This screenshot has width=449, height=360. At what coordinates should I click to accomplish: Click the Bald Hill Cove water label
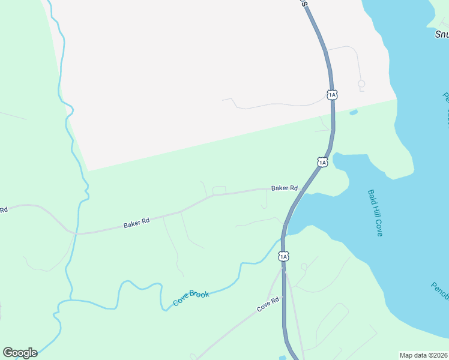coord(375,213)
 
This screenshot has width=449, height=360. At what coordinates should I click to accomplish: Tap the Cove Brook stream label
coord(191,298)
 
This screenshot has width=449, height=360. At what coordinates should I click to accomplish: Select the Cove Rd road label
coord(268,304)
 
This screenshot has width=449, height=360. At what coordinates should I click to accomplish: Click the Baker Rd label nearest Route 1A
coord(285,188)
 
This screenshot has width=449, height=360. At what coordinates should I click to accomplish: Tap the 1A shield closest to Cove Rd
coord(283,256)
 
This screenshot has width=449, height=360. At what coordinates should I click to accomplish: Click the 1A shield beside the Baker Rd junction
coord(322,162)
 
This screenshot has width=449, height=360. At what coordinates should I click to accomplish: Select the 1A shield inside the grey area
coord(332,95)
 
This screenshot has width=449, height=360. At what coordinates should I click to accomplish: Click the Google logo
coord(20,353)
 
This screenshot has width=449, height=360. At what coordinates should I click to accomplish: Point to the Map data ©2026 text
coord(423,355)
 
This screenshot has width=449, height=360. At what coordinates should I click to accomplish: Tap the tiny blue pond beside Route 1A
coord(353,112)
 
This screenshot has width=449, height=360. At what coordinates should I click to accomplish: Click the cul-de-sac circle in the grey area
coord(361,83)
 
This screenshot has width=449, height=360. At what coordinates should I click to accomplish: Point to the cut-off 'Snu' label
coord(441,34)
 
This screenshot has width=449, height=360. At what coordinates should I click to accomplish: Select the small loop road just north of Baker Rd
coord(219,190)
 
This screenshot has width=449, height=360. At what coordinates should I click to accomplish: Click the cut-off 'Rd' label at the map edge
coord(3,210)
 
